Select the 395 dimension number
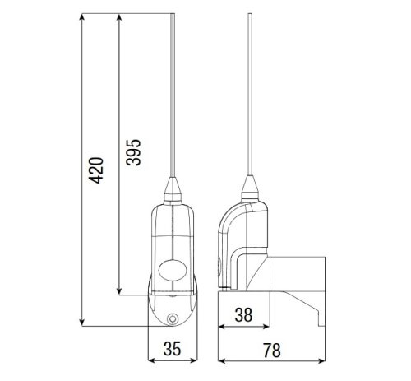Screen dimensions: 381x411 pyautogui.click(x=134, y=153)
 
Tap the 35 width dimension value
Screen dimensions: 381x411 pyautogui.click(x=171, y=348)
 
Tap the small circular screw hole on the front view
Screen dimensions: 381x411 pyautogui.click(x=172, y=319)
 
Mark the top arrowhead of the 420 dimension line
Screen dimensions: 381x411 pyautogui.click(x=84, y=17)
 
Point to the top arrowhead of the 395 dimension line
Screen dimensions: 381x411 pyautogui.click(x=120, y=17)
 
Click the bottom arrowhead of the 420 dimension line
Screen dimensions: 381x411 pyautogui.click(x=84, y=323)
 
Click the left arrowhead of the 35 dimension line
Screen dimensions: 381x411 pyautogui.click(x=150, y=360)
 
